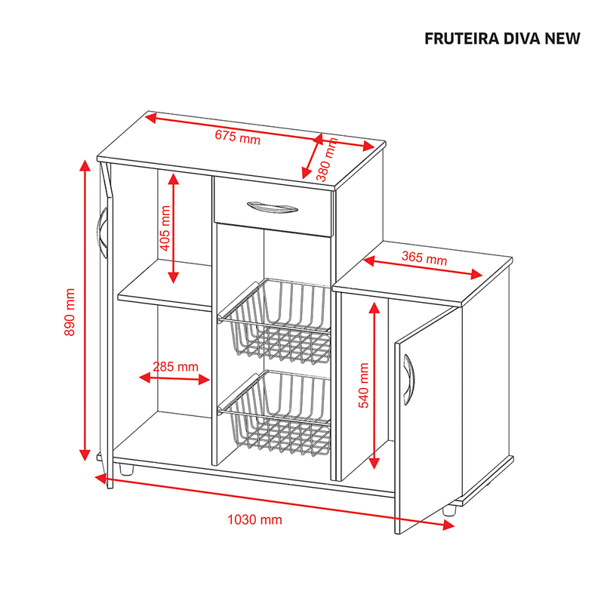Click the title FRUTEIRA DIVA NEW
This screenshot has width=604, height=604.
click(x=502, y=39)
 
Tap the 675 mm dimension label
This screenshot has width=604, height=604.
click(x=238, y=137)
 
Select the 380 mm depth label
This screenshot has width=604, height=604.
click(x=327, y=159)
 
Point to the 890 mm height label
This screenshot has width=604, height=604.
click(x=69, y=312)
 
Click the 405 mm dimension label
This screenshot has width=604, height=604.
click(x=165, y=228)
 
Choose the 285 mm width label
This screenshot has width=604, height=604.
click(x=176, y=366)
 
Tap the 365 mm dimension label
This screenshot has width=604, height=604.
click(x=424, y=258)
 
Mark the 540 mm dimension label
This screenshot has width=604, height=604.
click(x=364, y=385)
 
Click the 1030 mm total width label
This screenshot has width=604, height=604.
click(x=254, y=519)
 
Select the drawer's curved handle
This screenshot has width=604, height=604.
click(x=273, y=207)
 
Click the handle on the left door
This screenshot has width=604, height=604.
click(x=103, y=233)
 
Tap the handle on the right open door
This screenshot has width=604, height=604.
click(x=408, y=380)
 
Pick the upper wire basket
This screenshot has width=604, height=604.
click(x=275, y=322)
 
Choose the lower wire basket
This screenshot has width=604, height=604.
click(x=275, y=413)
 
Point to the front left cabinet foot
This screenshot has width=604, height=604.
click(x=126, y=469)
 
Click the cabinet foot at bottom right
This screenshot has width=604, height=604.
click(x=449, y=510)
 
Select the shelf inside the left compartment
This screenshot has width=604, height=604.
click(x=165, y=285)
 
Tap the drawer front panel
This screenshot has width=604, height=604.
click(x=273, y=206)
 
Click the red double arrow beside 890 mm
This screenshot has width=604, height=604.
click(x=85, y=310)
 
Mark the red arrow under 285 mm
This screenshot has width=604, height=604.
click(x=174, y=379)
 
